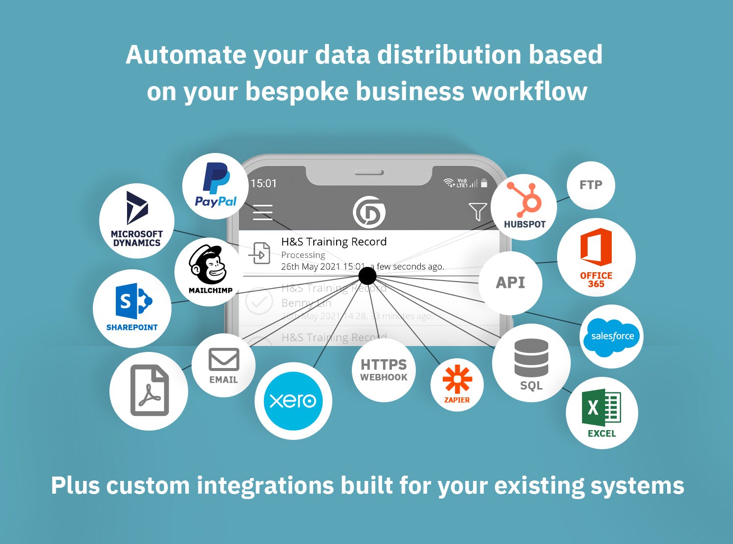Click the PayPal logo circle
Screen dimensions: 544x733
click(216, 186)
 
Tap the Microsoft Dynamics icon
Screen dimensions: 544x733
click(137, 208)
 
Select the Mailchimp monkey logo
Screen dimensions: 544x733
click(208, 266)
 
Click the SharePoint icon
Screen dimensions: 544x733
click(133, 301)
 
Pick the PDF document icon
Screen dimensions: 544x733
click(150, 391)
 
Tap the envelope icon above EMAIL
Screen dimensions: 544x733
click(224, 359)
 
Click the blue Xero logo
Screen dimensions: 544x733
click(293, 401)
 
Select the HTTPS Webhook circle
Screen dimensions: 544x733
click(384, 370)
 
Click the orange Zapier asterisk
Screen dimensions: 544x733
click(457, 379)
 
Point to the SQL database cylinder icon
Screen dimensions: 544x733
click(531, 358)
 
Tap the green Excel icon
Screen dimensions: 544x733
click(602, 408)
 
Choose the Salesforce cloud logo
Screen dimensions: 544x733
click(612, 336)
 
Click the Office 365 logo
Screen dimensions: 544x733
click(596, 247)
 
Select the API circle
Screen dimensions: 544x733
click(510, 283)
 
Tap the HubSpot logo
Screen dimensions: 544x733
click(524, 199)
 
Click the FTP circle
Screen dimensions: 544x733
click(591, 185)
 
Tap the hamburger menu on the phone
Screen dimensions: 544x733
click(262, 212)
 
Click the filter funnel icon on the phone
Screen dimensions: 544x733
click(477, 212)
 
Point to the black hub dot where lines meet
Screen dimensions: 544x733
click(367, 276)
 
